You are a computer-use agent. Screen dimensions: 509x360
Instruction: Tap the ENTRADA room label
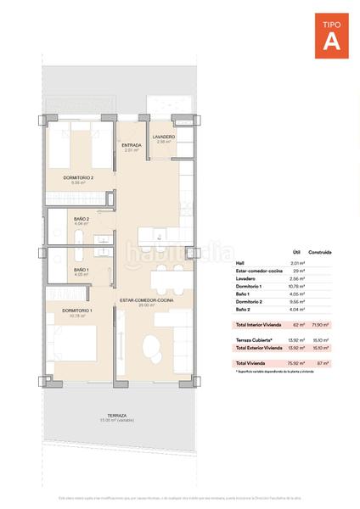click(132, 144)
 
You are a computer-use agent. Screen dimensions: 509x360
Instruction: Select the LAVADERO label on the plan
click(164, 137)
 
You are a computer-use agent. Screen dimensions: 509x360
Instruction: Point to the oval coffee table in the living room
click(151, 346)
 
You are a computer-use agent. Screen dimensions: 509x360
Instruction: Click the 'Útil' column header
click(296, 252)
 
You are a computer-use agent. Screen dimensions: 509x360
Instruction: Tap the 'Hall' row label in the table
click(239, 264)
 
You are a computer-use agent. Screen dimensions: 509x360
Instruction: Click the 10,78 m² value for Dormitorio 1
click(297, 288)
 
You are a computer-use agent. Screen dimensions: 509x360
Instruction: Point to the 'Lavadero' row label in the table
click(244, 279)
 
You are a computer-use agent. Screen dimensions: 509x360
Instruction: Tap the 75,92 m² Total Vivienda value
click(296, 363)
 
